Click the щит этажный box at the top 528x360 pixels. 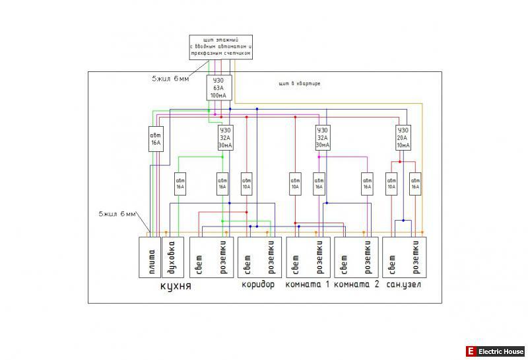click(x=220, y=47)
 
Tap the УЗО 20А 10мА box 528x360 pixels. click(x=403, y=137)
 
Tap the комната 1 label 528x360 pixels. click(x=307, y=285)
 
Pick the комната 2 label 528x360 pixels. click(x=357, y=285)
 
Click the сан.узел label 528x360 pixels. click(x=404, y=285)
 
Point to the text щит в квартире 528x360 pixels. click(x=300, y=84)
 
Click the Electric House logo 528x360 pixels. click(x=495, y=351)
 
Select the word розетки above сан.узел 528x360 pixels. click(x=416, y=256)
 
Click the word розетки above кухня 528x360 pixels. click(x=222, y=256)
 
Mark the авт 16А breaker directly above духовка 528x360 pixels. click(x=180, y=183)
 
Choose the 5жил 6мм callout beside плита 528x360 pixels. click(x=117, y=214)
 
